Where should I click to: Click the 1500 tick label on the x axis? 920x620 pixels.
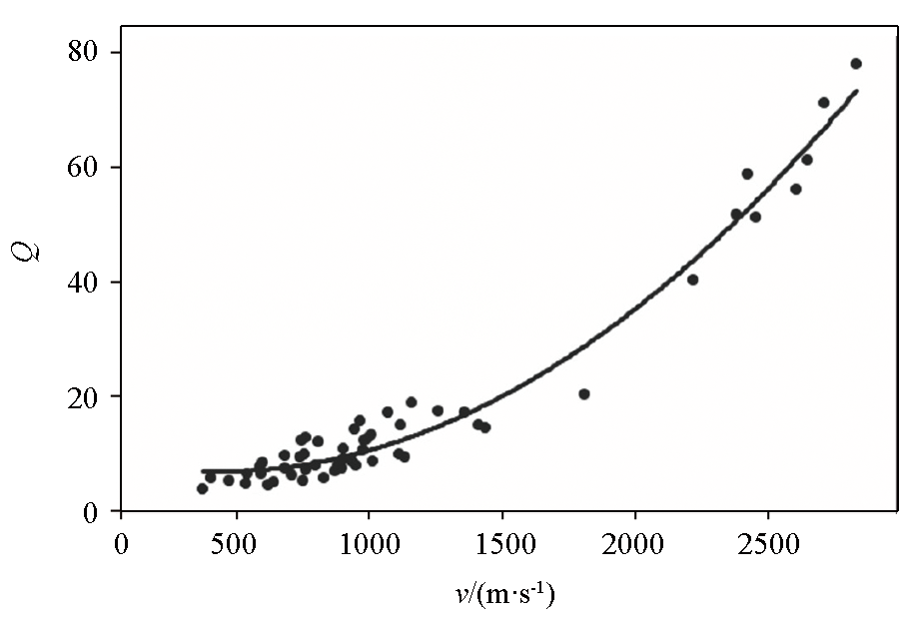501,547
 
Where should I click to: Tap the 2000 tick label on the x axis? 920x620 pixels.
635,547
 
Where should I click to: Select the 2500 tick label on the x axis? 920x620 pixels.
768,547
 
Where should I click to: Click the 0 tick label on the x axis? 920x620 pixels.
121,547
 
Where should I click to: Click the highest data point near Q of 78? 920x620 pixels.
855,64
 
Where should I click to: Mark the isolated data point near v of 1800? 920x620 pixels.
584,394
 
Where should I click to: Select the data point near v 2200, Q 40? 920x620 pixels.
692,280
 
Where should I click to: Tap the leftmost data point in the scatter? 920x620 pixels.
202,488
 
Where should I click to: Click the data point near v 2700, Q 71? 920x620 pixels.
823,103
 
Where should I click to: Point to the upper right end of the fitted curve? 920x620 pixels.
857,91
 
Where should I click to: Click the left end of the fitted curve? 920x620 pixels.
203,470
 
